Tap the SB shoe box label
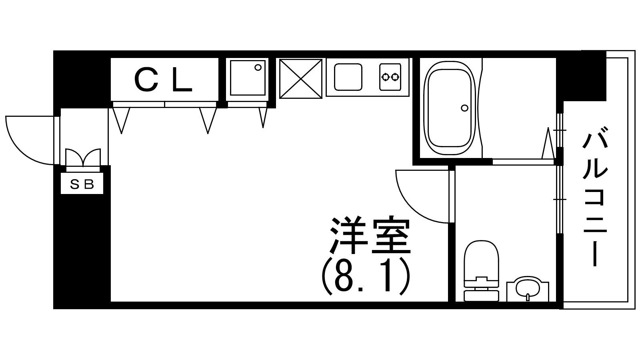pos(82,185)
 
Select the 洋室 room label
pos(370,236)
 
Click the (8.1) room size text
pos(366,276)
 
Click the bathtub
pos(449,108)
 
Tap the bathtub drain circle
pos(464,108)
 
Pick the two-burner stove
pos(390,77)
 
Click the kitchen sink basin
pos(348,77)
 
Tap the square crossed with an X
pos(300,79)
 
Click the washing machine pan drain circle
pos(258,68)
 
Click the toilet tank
pos(482,296)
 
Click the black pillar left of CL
pos(82,80)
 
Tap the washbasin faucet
pos(528,298)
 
